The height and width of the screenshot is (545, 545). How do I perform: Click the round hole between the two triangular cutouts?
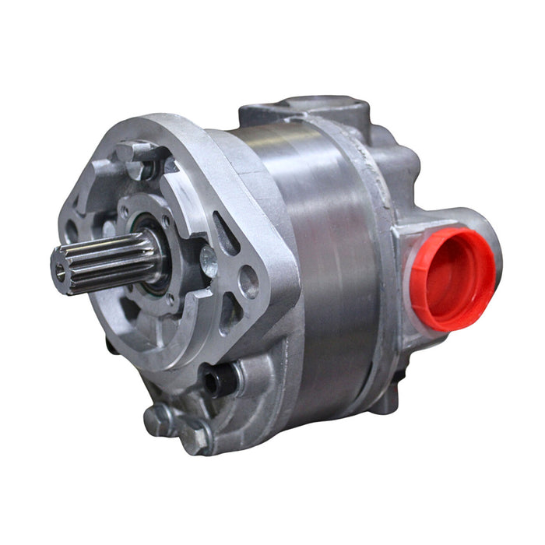click(x=248, y=282)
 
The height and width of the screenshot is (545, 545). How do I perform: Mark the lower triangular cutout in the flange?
click(x=230, y=315)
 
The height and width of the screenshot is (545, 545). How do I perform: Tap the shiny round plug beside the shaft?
click(x=208, y=262)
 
